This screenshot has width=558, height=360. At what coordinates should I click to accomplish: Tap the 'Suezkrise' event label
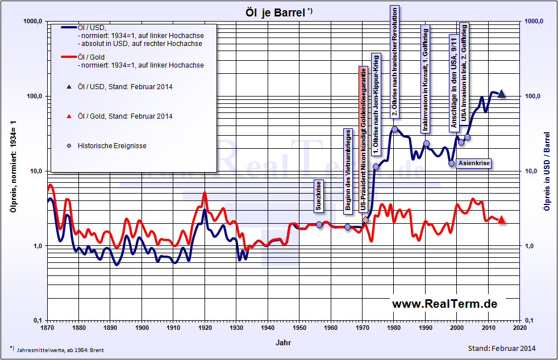point(319,196)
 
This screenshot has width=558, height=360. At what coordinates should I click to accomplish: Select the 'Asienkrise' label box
point(473,163)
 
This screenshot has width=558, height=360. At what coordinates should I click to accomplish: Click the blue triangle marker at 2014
point(502,93)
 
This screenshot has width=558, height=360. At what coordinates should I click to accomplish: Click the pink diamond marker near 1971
point(365,219)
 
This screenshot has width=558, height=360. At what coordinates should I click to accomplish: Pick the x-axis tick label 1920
point(205,328)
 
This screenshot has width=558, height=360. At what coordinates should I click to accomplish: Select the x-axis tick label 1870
point(48,328)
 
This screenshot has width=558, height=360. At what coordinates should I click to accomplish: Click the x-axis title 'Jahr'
point(284,343)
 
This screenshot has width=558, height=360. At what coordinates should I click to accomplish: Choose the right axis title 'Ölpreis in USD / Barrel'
point(547,171)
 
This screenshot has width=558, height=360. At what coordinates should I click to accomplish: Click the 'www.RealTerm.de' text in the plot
point(444,304)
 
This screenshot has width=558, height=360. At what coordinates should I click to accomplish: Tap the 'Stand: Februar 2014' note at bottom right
point(501,348)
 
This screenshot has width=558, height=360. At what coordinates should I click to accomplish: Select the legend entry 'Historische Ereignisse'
point(112,146)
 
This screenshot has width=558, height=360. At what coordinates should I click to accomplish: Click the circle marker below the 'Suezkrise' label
point(319,225)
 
